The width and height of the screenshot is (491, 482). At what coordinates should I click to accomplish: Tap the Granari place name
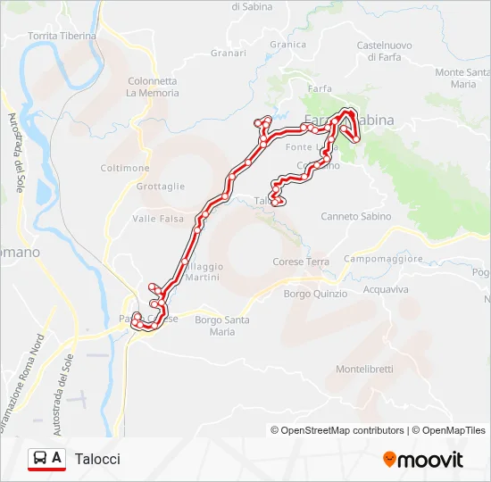[229, 54]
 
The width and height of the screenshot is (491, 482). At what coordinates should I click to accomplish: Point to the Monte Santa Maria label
[462, 79]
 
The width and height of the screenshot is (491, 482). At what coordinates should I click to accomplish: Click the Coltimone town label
[125, 168]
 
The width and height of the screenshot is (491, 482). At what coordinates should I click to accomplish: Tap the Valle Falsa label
[158, 219]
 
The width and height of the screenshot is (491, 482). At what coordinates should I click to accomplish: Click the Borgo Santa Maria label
[221, 326]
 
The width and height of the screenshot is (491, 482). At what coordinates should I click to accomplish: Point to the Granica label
[287, 45]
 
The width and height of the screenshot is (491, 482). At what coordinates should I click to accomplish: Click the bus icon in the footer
[40, 459]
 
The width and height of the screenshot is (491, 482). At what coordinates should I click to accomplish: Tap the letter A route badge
[57, 458]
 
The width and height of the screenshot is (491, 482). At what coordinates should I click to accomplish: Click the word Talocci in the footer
[97, 459]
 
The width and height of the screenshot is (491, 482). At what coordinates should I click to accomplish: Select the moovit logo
[423, 460]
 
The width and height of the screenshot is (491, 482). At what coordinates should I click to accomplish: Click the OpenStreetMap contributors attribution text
[342, 430]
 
